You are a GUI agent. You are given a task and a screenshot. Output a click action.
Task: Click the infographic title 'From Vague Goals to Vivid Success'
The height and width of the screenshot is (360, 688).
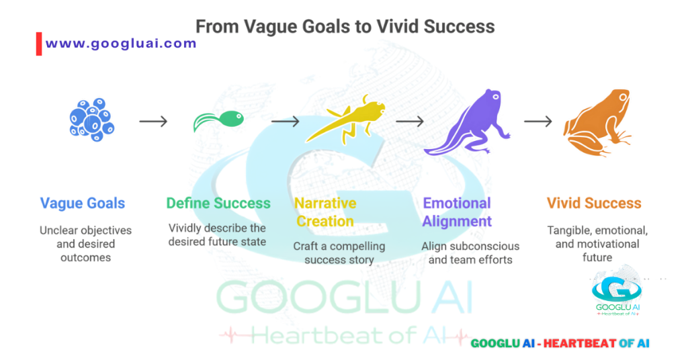pos(345,27)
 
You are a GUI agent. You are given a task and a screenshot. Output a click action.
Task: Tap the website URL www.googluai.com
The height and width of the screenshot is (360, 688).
pos(121,44)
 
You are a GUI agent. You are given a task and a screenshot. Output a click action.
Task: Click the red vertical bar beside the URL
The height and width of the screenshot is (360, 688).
pos(39,44)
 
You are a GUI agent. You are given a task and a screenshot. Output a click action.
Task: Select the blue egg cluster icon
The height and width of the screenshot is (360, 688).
pos(91,121)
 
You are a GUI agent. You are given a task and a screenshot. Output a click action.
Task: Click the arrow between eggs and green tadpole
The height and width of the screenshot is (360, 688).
pos(153,122)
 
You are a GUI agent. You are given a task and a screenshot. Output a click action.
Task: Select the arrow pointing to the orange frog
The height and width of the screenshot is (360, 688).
pos(537,122)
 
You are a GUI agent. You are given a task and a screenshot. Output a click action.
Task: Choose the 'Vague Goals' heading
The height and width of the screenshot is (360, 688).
pos(83,203)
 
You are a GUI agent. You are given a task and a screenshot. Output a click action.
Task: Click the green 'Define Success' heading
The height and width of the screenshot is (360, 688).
pos(218,203)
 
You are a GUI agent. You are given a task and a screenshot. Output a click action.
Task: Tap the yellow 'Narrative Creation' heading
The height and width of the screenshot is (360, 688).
pos(325,212)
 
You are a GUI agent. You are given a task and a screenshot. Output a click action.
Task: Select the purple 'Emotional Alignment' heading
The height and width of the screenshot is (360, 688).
pos(457,212)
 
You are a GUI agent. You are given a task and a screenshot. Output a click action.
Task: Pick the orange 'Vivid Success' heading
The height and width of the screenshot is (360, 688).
pos(594,203)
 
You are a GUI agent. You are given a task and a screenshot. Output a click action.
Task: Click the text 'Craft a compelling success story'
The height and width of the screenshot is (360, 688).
pos(339,253)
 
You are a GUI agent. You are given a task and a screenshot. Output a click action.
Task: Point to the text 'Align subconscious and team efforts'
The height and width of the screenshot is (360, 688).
pos(470,253)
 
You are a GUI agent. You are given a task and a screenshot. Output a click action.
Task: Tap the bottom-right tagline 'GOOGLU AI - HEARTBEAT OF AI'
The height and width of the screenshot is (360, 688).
pos(560,343)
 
